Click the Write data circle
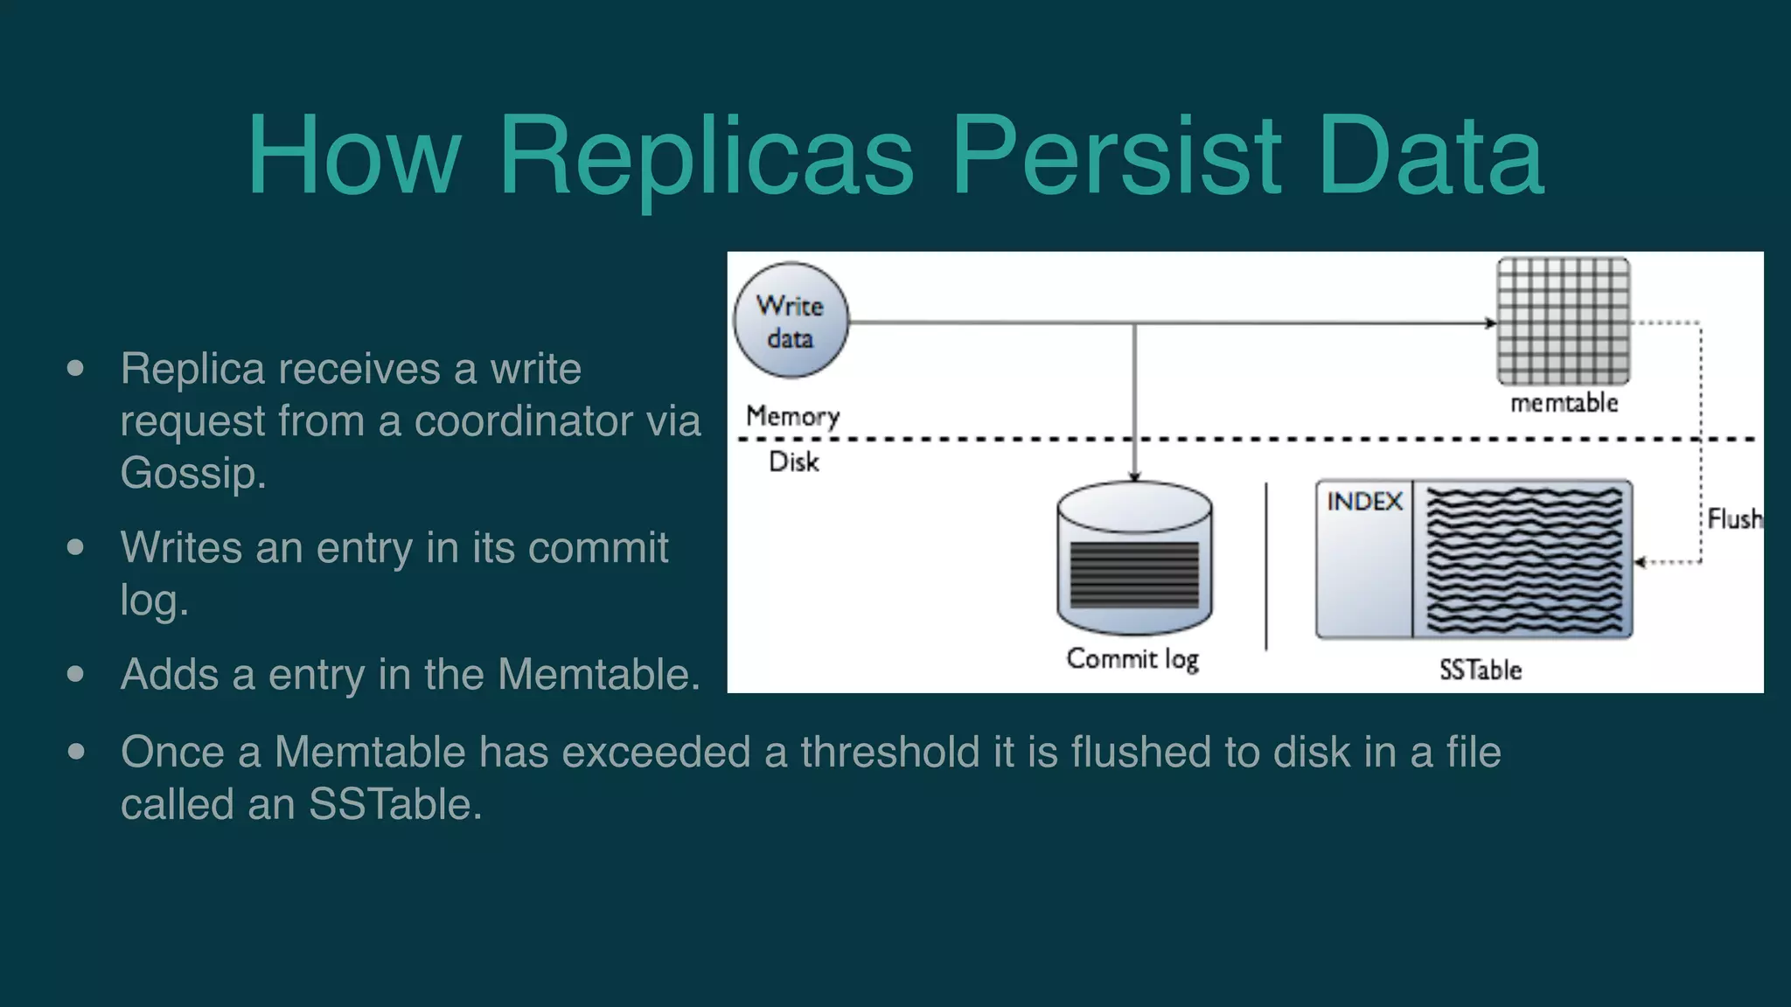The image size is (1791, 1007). [791, 321]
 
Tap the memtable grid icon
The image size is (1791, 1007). [1564, 321]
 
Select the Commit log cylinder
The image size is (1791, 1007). [1134, 559]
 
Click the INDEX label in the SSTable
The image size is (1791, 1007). [1364, 502]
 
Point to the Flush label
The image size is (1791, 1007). [1734, 519]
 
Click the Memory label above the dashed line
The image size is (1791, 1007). [792, 416]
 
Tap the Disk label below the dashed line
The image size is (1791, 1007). [793, 462]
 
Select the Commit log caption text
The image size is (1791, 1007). [1132, 659]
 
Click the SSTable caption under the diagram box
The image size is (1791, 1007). [1480, 670]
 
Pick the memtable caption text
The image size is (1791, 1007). [1564, 403]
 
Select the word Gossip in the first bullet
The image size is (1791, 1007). [192, 474]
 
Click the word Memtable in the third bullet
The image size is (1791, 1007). [598, 675]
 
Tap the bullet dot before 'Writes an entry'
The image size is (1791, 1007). [76, 548]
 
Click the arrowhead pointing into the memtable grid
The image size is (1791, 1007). [1491, 323]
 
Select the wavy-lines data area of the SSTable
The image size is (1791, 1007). [1523, 559]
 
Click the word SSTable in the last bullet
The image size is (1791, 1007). [394, 804]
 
